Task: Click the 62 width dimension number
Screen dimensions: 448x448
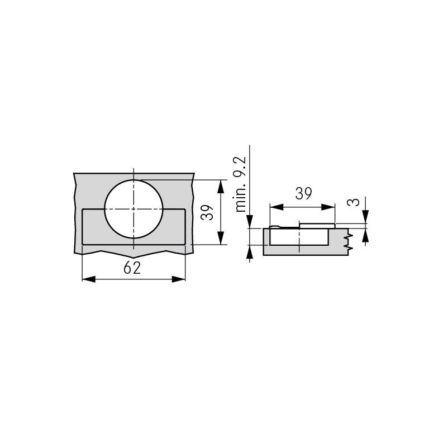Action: click(x=132, y=268)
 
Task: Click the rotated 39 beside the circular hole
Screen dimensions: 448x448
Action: click(x=207, y=212)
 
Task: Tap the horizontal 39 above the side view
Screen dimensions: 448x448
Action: click(x=303, y=193)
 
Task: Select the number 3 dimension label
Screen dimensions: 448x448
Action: click(x=354, y=202)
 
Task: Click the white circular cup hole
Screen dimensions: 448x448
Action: click(x=134, y=209)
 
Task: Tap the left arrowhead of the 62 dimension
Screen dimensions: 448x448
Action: click(x=89, y=279)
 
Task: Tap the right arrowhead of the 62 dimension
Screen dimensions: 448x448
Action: click(x=179, y=279)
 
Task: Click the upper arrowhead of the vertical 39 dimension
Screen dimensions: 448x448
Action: click(x=220, y=187)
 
